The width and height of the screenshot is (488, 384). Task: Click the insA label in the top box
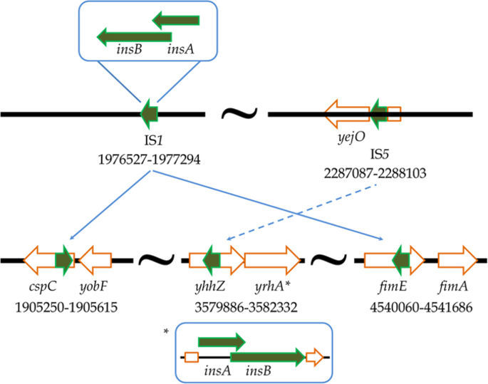tap(179, 51)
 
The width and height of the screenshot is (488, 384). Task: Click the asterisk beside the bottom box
tap(166, 333)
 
